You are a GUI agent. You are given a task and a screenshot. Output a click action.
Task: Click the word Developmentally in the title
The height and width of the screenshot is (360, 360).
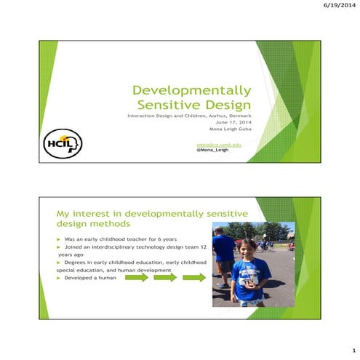192,91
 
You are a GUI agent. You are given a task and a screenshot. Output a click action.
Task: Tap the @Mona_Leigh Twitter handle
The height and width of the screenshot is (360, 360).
212,150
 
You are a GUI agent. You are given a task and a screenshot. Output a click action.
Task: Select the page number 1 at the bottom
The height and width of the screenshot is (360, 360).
352,349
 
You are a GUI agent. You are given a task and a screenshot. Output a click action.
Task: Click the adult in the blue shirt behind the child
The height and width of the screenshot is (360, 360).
225,251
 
